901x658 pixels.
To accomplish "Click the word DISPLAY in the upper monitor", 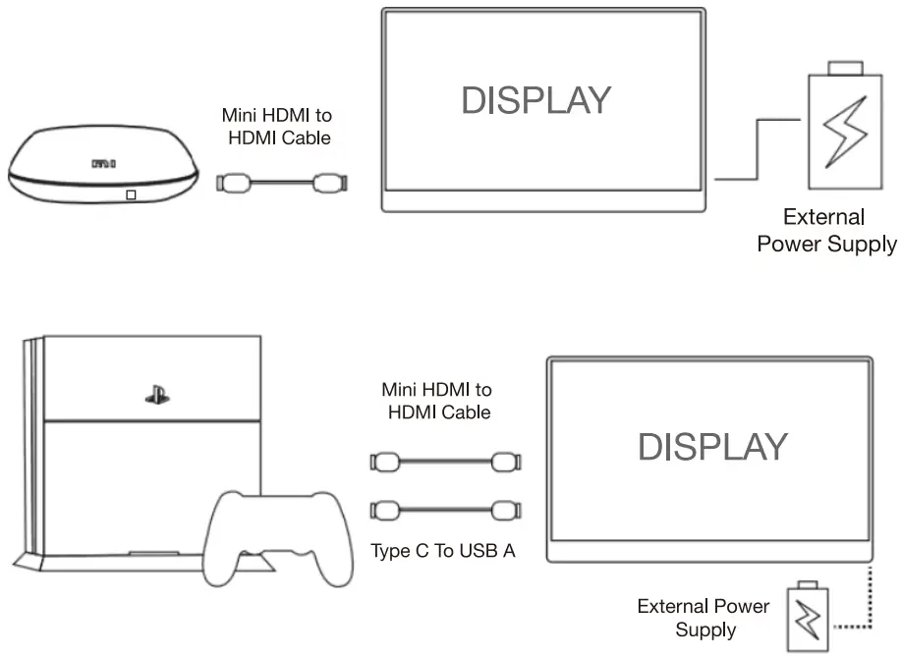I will pos(536,100).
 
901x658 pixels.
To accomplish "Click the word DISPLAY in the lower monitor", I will pos(712,447).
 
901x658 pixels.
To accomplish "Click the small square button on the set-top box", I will pos(132,194).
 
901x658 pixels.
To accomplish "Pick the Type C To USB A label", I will pos(443,551).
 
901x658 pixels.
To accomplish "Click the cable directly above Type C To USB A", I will pos(444,510).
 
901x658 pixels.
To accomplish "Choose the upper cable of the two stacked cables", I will pos(444,460).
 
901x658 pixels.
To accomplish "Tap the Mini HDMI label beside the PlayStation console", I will pos(439,402).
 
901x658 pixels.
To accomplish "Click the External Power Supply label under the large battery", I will pos(826,231).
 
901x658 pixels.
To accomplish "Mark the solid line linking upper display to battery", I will pos(757,147).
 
